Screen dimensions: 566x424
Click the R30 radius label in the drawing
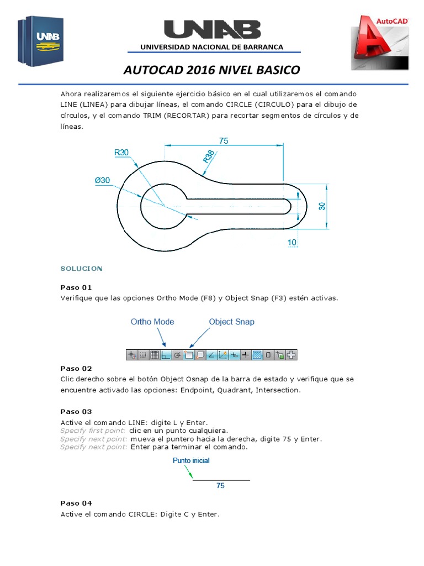click(121, 152)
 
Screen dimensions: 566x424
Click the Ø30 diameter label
click(102, 180)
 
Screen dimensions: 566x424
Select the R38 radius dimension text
click(209, 157)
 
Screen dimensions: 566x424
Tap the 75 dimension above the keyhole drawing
click(224, 141)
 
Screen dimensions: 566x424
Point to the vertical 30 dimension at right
click(322, 206)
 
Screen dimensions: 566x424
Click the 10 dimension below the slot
click(292, 242)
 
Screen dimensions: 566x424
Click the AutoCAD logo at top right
click(380, 43)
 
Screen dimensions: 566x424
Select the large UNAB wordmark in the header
click(212, 30)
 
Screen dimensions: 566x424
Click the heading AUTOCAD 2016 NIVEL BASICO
click(212, 70)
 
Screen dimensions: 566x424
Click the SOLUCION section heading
click(81, 269)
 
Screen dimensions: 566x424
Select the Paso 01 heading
click(76, 287)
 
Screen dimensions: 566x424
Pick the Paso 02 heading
click(76, 368)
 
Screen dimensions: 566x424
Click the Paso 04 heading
click(76, 503)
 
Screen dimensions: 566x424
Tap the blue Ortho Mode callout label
click(152, 322)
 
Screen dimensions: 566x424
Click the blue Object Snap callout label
click(231, 322)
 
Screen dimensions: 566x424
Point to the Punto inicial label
click(191, 460)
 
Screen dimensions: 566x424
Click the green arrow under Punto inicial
click(189, 471)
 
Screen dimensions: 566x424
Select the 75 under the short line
click(220, 486)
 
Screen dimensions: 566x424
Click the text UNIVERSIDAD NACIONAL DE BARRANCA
click(212, 47)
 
